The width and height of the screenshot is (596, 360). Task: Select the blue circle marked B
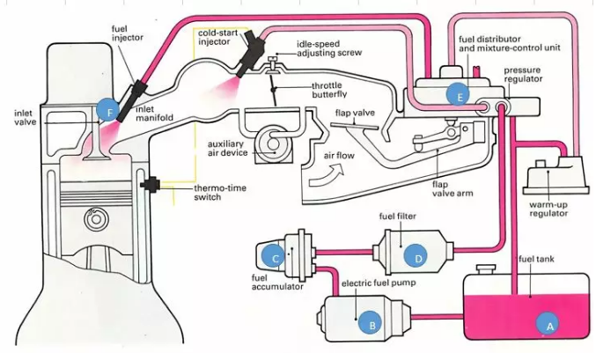[x=372, y=325]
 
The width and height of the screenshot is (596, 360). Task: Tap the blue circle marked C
[x=276, y=257]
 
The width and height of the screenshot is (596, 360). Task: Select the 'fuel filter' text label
[x=398, y=215]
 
